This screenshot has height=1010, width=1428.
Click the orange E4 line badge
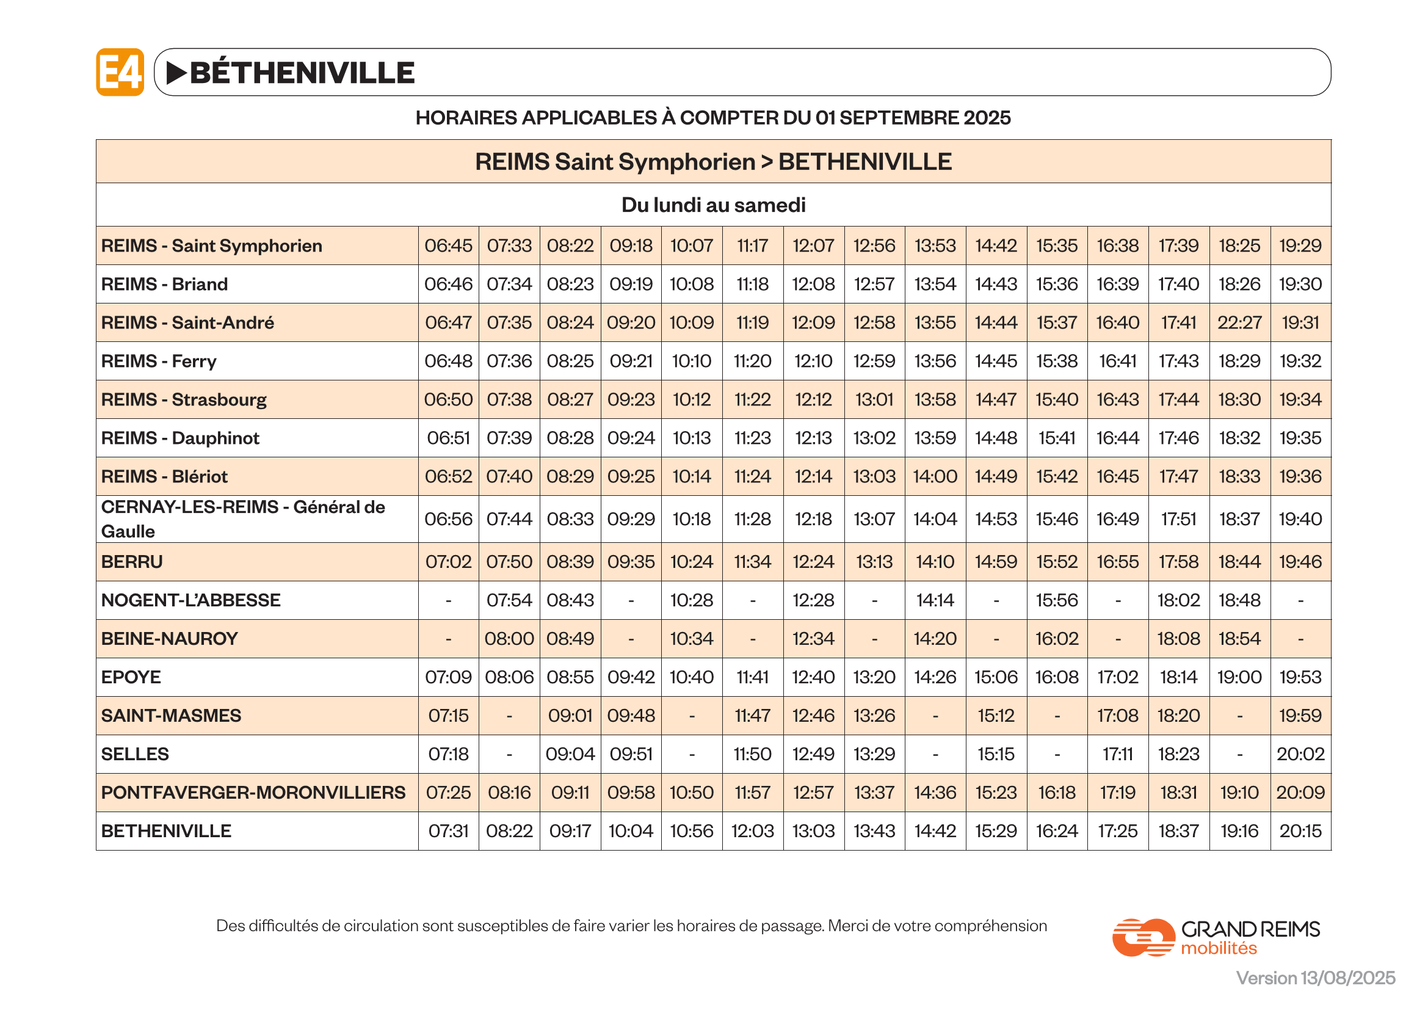click(x=120, y=72)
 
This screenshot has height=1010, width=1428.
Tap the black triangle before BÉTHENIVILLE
click(x=176, y=73)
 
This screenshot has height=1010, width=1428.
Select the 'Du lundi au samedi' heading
click(x=713, y=205)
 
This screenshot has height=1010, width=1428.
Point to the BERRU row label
click(x=132, y=562)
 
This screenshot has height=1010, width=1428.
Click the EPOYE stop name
click(x=131, y=677)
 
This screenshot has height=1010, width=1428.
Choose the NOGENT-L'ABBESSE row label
click(x=191, y=600)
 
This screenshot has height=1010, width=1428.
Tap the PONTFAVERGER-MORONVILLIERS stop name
click(x=253, y=793)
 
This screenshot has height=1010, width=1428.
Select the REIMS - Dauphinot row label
click(x=180, y=438)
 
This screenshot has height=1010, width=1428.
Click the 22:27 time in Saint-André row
click(x=1239, y=323)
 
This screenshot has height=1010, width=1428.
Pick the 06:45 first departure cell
click(x=449, y=245)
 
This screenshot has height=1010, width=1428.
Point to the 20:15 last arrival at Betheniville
click(x=1300, y=831)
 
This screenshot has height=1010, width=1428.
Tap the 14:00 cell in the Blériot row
click(x=935, y=476)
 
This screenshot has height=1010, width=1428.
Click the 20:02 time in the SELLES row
click(x=1300, y=754)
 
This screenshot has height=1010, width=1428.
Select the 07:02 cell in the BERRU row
click(x=449, y=562)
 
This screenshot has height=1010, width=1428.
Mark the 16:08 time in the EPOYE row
click(x=1057, y=677)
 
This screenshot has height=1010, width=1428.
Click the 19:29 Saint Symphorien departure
click(x=1300, y=245)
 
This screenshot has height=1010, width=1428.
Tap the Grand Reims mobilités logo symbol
click(x=1142, y=937)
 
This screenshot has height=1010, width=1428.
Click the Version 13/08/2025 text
click(x=1316, y=978)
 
